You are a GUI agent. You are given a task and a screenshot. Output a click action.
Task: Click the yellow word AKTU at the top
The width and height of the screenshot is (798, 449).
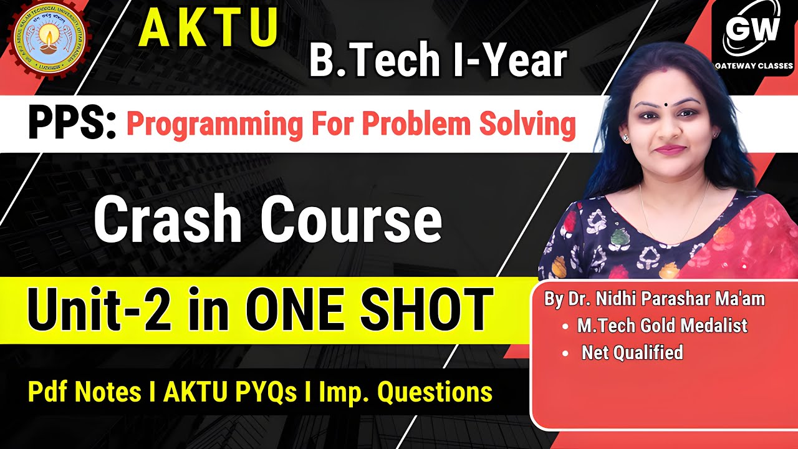[x=208, y=29]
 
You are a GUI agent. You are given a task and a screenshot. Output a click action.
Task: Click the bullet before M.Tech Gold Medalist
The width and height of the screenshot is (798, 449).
[x=565, y=326]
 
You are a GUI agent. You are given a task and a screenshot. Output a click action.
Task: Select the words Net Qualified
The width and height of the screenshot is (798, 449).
[x=632, y=353]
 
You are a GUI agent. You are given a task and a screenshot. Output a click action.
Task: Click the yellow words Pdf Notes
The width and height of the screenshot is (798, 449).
[x=84, y=392]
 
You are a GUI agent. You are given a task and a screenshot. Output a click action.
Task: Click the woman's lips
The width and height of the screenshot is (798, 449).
[x=670, y=150]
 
